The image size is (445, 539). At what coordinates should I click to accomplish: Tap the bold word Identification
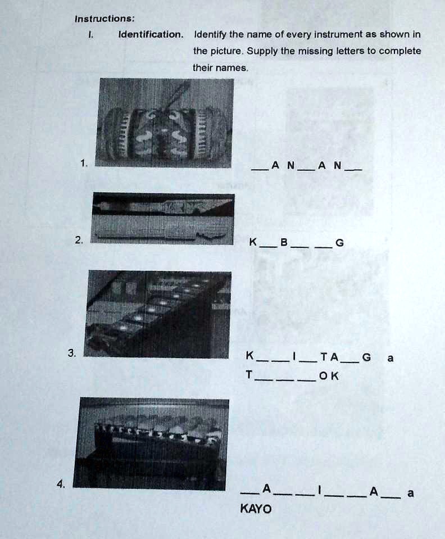150,34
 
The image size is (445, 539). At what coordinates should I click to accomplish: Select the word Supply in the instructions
260,51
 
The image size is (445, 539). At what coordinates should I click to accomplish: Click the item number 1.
83,164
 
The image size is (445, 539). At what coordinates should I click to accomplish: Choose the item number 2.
78,241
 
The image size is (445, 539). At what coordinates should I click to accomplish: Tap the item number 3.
71,353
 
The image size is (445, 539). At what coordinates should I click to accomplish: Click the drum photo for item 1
164,123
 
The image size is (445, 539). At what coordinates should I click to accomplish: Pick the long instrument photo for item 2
163,219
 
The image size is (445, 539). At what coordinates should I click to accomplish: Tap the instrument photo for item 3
158,314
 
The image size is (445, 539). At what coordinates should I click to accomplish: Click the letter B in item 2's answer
284,243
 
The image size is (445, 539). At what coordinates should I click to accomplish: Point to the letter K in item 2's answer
253,243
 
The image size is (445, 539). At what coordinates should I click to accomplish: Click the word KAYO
256,509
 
